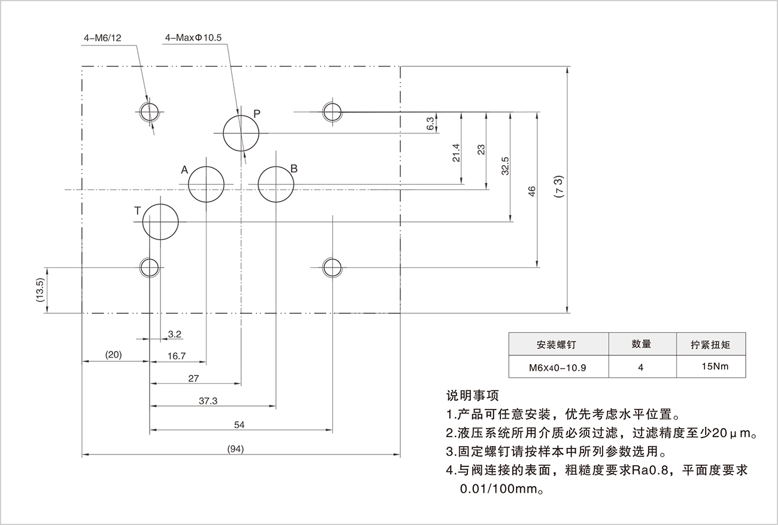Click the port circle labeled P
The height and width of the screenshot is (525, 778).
(x=241, y=133)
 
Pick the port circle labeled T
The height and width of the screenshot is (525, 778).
(x=160, y=222)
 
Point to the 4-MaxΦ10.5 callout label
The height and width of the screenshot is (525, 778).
(x=193, y=38)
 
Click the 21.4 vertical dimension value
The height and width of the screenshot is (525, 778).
(x=456, y=153)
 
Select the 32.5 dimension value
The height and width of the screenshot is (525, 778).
(x=505, y=166)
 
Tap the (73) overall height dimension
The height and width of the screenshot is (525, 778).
(x=558, y=187)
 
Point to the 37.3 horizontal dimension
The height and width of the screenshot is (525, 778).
(x=208, y=401)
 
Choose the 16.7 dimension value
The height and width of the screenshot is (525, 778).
(x=177, y=356)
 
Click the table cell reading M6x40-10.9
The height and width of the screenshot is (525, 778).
(x=557, y=368)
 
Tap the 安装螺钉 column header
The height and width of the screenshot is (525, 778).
(x=558, y=345)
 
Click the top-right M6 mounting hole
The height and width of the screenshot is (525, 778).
(x=332, y=111)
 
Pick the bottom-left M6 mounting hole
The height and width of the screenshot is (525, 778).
(x=149, y=267)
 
